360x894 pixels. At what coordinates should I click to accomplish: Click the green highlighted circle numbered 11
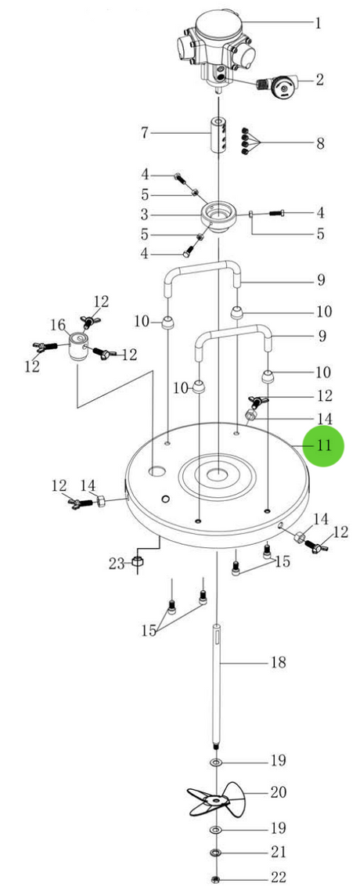pyautogui.click(x=323, y=446)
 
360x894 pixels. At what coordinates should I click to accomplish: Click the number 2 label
pyautogui.click(x=319, y=79)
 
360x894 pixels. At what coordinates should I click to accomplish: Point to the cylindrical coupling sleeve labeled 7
pyautogui.click(x=218, y=135)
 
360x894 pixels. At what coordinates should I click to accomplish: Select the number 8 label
pyautogui.click(x=320, y=142)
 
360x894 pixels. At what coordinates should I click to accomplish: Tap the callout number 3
pyautogui.click(x=145, y=214)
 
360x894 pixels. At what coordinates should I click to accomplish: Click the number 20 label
pyautogui.click(x=279, y=792)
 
